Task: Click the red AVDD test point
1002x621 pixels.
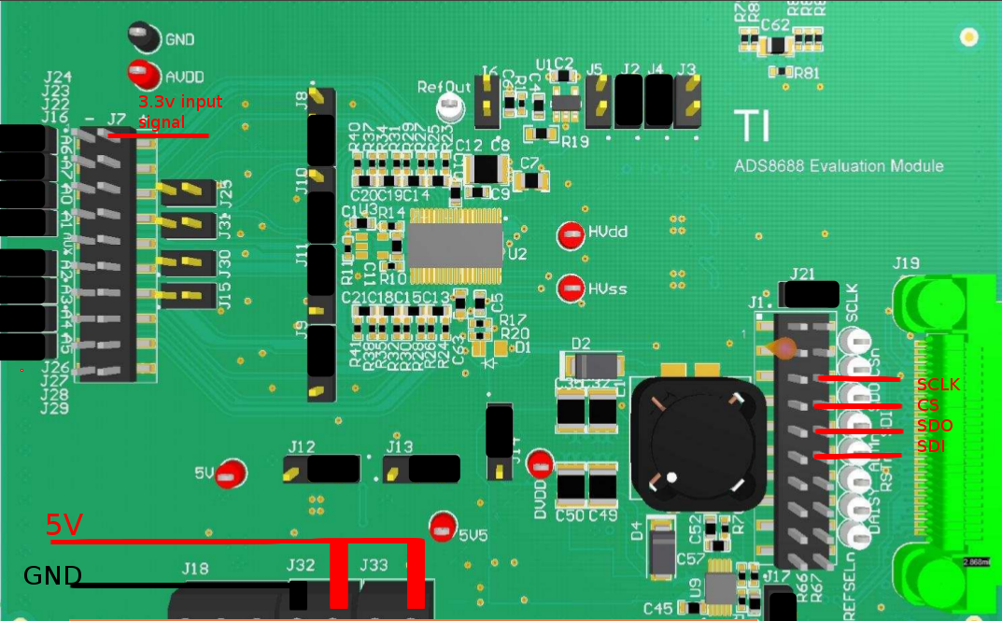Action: (x=142, y=72)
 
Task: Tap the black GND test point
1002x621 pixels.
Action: (x=142, y=36)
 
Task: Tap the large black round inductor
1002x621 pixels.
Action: (x=699, y=438)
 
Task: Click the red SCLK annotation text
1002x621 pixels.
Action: (x=938, y=385)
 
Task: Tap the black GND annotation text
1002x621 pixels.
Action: (x=52, y=575)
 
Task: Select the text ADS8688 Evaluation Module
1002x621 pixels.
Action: (x=838, y=166)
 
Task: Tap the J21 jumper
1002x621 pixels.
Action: (x=809, y=294)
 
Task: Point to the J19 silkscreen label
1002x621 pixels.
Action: (x=907, y=263)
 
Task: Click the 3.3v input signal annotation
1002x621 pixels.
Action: (x=180, y=111)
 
